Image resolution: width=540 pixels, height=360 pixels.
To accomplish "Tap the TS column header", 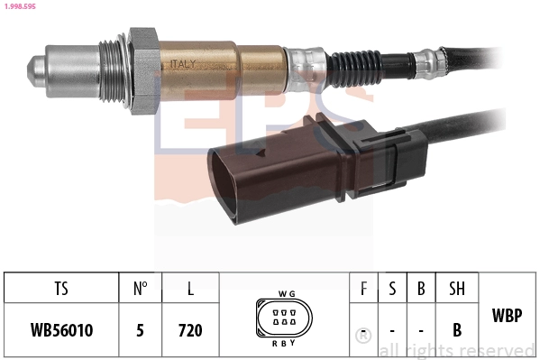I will pos(60,290).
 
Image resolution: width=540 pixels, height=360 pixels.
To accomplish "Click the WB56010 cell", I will pos(60,330).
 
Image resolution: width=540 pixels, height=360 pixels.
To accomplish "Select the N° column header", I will pos(140,290).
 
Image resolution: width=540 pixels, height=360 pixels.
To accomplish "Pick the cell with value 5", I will pos(140,330).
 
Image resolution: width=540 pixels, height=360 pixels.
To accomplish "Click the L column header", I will pos(189,290).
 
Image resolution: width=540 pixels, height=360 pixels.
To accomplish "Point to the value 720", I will pos(189,330).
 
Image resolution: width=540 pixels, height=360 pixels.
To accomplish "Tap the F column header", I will pos(363,290).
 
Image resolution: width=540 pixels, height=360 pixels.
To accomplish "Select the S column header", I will pos(392,290).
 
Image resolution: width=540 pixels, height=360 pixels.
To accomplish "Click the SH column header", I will pos(457,290).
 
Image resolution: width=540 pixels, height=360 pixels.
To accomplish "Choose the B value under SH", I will pos(457,330).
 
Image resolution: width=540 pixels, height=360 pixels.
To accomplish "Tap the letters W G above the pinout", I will pos(287,293).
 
